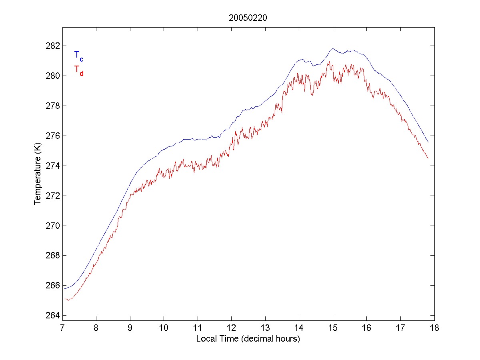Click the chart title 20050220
[248, 18]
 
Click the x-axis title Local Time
[248, 339]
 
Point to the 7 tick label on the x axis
[62, 329]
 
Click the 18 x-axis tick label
[434, 329]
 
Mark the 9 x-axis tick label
[130, 329]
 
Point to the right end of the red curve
[428, 158]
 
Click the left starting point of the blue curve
[64, 288]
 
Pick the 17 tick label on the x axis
[400, 329]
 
